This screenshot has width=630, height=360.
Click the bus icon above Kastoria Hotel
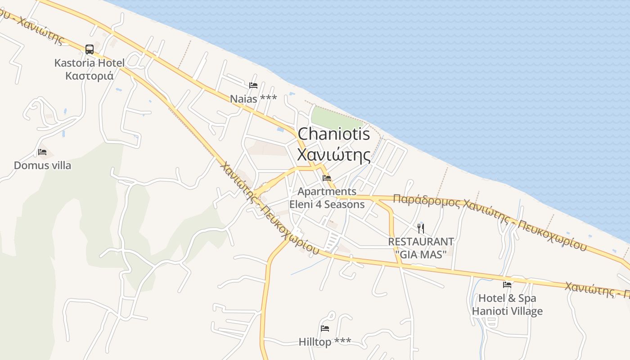[x=90, y=49]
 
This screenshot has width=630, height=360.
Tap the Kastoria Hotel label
[x=89, y=63]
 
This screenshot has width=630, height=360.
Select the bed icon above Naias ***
[x=253, y=85]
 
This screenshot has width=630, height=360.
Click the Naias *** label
[x=253, y=99]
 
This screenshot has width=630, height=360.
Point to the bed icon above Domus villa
[x=42, y=152]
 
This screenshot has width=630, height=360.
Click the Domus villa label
[x=42, y=165]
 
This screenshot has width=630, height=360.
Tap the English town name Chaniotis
[x=334, y=134]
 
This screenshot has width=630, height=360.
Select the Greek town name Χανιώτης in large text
[x=334, y=155]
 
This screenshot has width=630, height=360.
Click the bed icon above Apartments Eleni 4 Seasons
[x=327, y=178]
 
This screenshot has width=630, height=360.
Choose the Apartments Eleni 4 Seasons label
[x=327, y=198]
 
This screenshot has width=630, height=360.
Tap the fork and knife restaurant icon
[x=421, y=228]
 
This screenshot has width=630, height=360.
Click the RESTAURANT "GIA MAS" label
[x=421, y=248]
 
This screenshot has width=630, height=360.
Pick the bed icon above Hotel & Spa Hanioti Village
[x=507, y=284]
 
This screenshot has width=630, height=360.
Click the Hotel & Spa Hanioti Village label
[x=507, y=305]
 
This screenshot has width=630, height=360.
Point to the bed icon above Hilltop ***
[x=325, y=328]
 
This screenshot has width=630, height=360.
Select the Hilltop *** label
[x=325, y=342]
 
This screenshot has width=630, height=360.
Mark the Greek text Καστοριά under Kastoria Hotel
[x=89, y=75]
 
